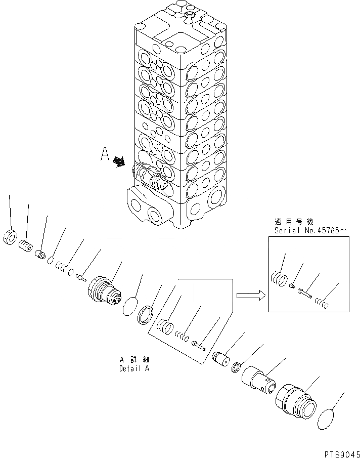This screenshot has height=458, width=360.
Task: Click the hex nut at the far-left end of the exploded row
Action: pos(10,237)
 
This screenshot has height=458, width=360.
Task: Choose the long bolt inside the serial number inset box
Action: pos(305,294)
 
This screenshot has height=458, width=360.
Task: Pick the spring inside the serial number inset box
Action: pos(322,304)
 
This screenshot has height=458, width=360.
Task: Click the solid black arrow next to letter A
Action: pos(119,161)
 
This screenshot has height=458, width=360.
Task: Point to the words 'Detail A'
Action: pos(134,368)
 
